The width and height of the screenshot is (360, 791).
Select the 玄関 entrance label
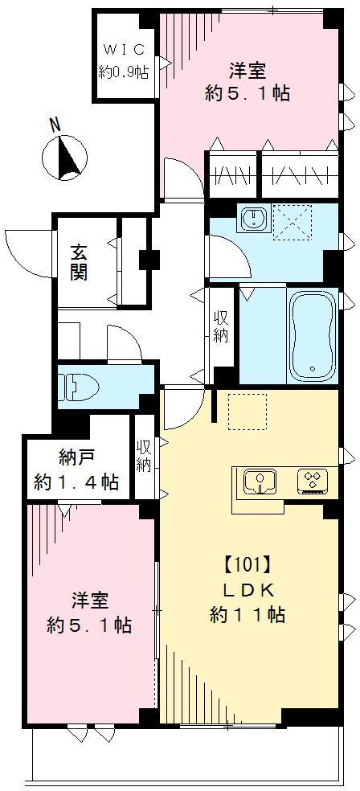(79, 262)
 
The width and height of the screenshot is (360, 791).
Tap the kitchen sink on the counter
(260, 481)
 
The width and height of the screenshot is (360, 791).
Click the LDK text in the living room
(247, 590)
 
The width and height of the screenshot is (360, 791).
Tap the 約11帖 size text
(247, 616)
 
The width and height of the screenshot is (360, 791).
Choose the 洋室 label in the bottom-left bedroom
(89, 600)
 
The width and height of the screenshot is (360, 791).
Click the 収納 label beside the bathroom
(221, 325)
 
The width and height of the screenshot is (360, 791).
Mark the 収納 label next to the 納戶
(144, 456)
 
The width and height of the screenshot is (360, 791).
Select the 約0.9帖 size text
(123, 72)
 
